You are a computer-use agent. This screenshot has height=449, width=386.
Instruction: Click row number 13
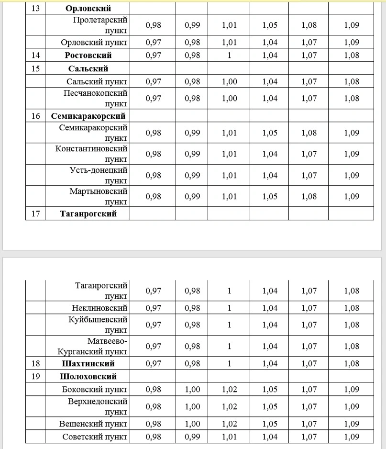tap(35, 8)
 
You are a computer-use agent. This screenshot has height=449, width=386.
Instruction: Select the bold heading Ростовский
tap(88, 55)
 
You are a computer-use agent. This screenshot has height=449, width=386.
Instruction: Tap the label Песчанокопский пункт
tap(96, 98)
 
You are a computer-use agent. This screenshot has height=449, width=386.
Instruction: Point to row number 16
tap(35, 116)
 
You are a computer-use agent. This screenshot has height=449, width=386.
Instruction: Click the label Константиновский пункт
tap(91, 154)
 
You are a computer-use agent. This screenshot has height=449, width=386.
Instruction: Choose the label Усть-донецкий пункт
tap(99, 175)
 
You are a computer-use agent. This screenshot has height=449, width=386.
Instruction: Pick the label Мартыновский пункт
tap(98, 196)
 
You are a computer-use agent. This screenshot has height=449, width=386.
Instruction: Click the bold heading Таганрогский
tap(88, 213)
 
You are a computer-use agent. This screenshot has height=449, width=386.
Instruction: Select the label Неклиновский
tap(100, 308)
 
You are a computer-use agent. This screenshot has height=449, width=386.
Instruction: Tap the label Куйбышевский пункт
tap(98, 325)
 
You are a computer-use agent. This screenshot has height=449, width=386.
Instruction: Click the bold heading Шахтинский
tap(88, 363)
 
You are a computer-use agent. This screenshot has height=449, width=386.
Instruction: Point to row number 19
tap(35, 376)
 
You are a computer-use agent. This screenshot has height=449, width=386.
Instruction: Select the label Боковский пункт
tap(95, 389)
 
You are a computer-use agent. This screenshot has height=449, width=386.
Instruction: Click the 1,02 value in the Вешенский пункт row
tap(229, 424)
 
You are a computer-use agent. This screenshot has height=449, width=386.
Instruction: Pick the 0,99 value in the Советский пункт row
tap(192, 437)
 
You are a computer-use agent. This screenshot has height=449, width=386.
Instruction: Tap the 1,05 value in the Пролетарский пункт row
tap(270, 25)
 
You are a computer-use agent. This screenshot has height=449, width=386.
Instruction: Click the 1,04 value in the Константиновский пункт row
tap(270, 154)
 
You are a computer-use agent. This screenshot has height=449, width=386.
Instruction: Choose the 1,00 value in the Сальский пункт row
tap(229, 81)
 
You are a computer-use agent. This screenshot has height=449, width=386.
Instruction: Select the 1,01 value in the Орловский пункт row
tap(229, 42)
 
